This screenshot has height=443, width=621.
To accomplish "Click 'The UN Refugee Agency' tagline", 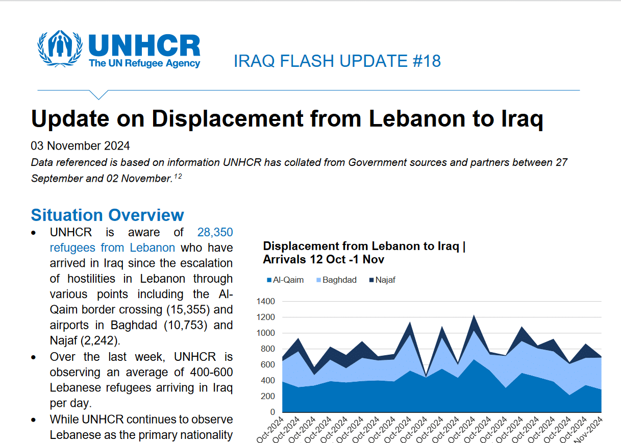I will [144, 63].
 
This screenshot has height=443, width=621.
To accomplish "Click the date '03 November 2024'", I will [81, 146].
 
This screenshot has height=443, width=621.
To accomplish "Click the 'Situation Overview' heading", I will [107, 215].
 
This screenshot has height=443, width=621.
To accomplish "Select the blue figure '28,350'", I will [215, 233].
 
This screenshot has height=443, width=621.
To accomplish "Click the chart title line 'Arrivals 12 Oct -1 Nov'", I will [324, 259].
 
